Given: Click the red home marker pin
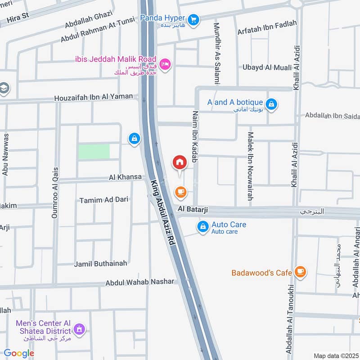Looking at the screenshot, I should tap(179, 162).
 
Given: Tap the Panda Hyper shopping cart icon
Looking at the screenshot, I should tap(193, 19).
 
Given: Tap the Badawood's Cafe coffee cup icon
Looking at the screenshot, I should tap(300, 272).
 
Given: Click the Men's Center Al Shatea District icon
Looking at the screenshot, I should tap(79, 330).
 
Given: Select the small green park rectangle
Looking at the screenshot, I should tap(94, 151).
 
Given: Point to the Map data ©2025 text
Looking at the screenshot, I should tap(335, 355).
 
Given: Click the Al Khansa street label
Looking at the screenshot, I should tap(125, 178).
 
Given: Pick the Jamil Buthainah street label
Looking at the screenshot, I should tap(100, 263).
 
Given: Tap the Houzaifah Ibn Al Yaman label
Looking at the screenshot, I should tap(94, 97).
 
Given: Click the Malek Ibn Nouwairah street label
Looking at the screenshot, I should tap(250, 166).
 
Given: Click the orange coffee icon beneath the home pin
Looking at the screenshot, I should tap(181, 192).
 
